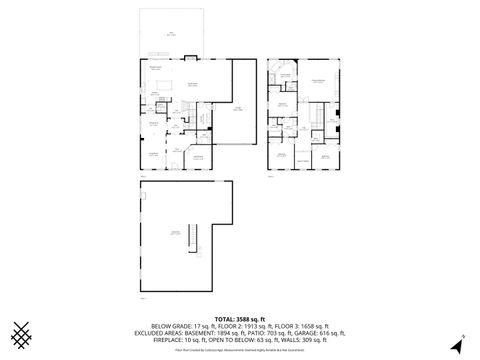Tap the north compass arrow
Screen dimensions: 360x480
(455, 346)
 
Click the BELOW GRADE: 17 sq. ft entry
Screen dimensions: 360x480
(183, 325)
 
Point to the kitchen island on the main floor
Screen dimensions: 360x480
(165, 85)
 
